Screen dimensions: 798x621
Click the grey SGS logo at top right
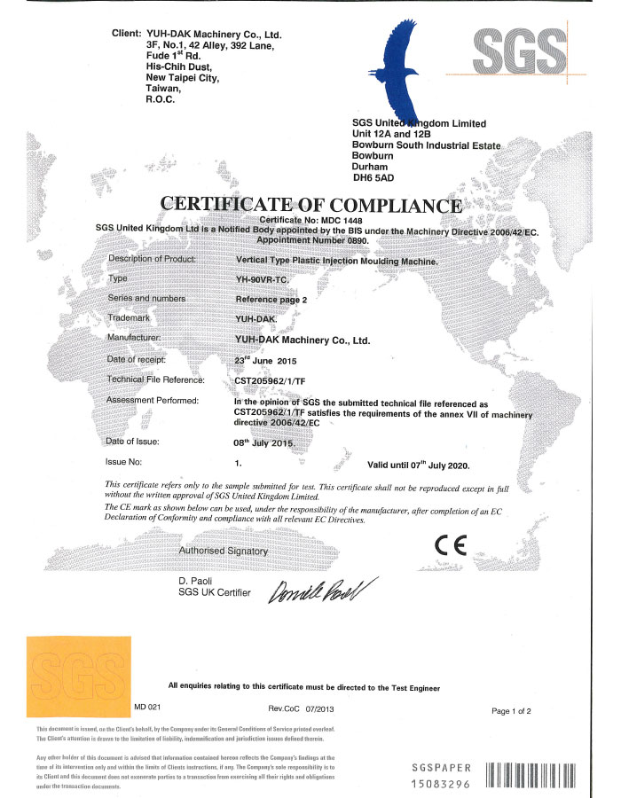click(x=519, y=51)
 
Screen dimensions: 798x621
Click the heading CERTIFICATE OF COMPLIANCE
click(x=310, y=205)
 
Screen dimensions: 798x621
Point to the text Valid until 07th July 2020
click(x=418, y=464)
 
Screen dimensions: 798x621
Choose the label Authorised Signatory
click(x=224, y=551)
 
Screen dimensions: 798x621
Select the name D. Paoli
click(x=197, y=580)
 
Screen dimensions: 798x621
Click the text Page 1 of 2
click(x=517, y=711)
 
